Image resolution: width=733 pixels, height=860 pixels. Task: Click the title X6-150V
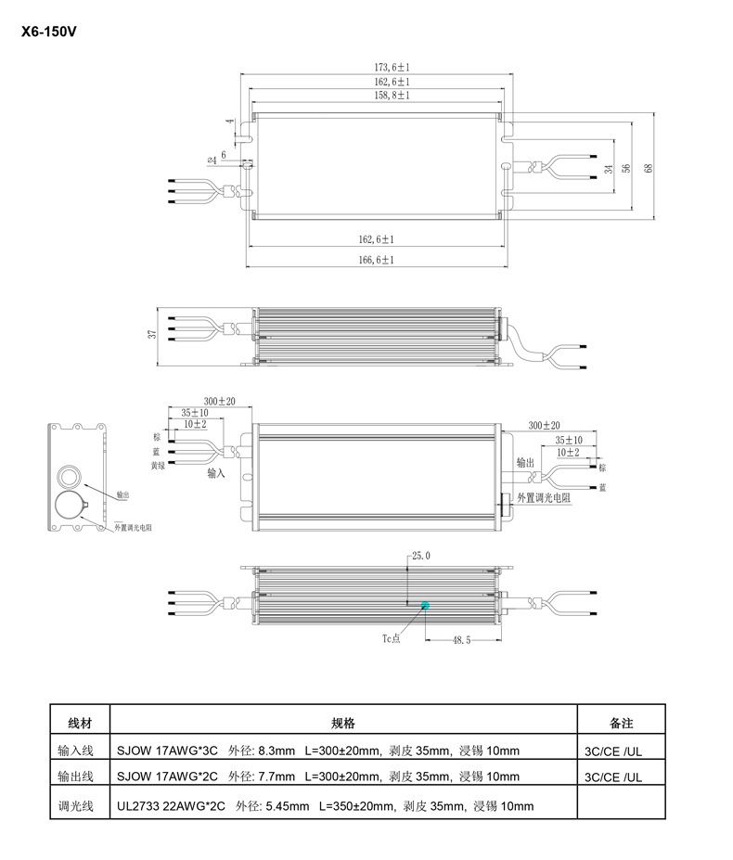point(47,31)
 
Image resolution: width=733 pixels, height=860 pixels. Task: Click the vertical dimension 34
point(608,169)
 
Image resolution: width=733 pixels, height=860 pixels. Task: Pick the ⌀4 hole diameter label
point(212,160)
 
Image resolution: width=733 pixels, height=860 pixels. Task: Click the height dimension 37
point(152,335)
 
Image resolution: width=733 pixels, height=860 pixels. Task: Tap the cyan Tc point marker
point(425,606)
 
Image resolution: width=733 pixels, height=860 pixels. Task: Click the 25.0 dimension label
point(420,556)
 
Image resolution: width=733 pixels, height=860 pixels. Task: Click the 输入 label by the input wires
point(216,472)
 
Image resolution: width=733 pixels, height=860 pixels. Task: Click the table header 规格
point(343,723)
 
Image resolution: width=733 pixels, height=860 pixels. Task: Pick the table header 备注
point(621,723)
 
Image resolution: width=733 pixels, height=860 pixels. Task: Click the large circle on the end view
point(70,507)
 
